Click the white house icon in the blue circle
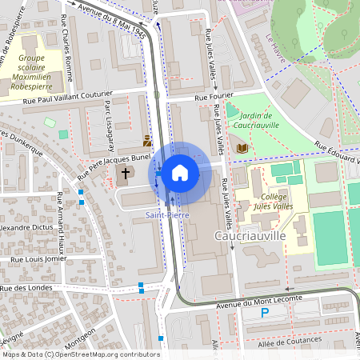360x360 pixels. (x=180, y=172)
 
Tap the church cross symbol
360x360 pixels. (x=125, y=173)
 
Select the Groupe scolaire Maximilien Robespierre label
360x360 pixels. (x=42, y=70)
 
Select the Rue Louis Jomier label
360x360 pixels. (x=37, y=260)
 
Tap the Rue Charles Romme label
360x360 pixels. (x=68, y=58)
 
